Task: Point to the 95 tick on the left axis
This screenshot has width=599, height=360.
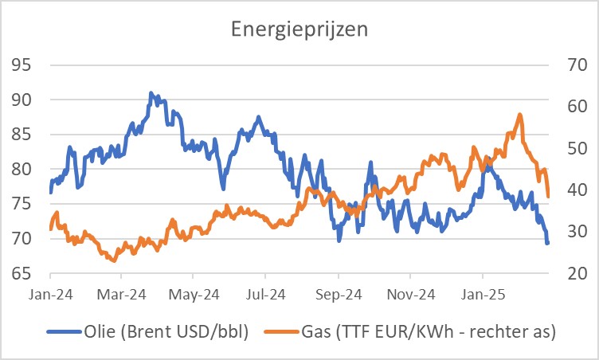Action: pos(22,65)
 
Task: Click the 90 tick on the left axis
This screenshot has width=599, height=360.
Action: pos(22,100)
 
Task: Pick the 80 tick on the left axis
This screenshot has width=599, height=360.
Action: pos(22,169)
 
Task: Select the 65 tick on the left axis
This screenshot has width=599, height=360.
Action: pos(22,273)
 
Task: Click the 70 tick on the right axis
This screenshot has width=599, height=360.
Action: pos(576,65)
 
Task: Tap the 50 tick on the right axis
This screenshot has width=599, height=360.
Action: pos(576,148)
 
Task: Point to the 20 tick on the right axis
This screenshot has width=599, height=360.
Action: pos(576,273)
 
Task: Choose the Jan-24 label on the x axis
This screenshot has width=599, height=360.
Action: pos(50,294)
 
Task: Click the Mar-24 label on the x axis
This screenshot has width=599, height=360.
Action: pos(123,294)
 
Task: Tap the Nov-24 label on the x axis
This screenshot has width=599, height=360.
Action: pos(412,294)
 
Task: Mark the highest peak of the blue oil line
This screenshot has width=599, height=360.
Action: pos(151,93)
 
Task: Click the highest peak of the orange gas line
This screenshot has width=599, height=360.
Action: pos(519,115)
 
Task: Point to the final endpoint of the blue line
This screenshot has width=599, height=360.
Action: pos(547,243)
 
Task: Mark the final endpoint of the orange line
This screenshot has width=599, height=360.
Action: pos(548,196)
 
